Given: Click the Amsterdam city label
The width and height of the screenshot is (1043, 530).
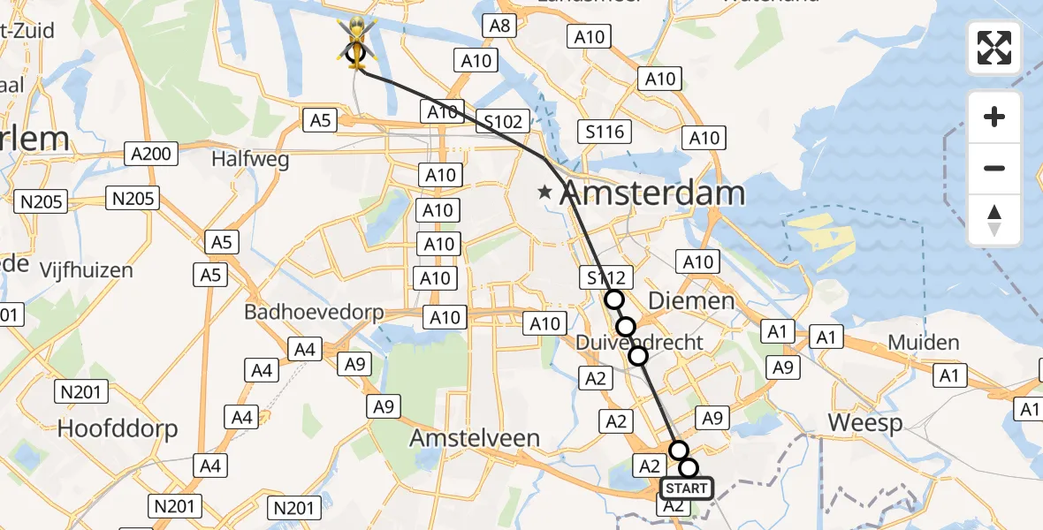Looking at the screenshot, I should (x=652, y=193).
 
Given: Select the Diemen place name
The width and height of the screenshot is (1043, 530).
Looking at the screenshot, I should (x=691, y=300).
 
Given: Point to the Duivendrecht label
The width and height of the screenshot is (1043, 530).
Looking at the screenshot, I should (x=640, y=342).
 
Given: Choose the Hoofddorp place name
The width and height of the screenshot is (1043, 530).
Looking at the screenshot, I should (x=118, y=429).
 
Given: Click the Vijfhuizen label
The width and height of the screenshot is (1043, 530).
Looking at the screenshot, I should (x=86, y=269).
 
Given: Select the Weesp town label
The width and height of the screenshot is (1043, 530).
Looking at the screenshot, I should (x=865, y=423).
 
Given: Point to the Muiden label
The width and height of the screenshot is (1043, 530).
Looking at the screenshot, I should (x=923, y=342).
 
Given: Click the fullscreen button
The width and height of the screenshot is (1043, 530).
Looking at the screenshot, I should (x=994, y=48).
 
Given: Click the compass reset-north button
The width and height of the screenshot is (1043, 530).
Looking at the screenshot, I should (x=994, y=220).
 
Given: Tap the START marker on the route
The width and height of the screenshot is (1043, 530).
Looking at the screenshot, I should (x=686, y=488).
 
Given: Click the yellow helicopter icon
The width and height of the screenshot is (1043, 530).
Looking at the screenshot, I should (x=356, y=40).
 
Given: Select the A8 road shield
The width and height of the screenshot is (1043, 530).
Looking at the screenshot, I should (x=500, y=26).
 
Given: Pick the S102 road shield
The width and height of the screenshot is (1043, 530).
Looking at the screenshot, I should (x=503, y=122).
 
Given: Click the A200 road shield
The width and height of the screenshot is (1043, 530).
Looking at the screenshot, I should (x=149, y=154).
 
